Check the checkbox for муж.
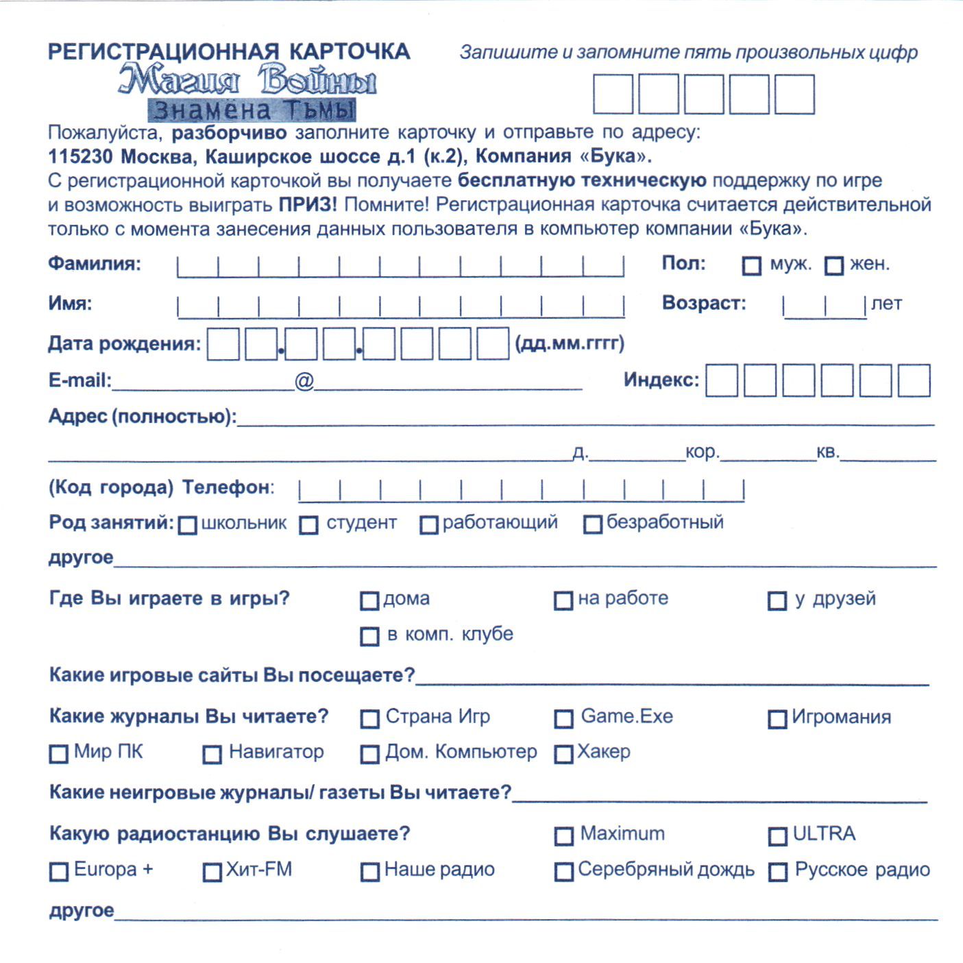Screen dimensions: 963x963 [x=752, y=266]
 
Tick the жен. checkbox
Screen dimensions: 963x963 [x=834, y=266]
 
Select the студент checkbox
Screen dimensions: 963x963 [x=309, y=525]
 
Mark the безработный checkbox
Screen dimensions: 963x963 [x=593, y=525]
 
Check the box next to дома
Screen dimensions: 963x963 [x=369, y=601]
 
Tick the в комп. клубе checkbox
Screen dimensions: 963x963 [x=369, y=637]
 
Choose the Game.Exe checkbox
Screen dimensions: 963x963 [x=563, y=719]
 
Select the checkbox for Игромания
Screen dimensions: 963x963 [x=777, y=719]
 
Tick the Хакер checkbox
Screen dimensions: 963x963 [x=563, y=755]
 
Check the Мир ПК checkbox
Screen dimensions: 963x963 [x=59, y=755]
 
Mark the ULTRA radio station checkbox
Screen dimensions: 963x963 [x=777, y=836]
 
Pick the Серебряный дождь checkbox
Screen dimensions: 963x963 [x=563, y=872]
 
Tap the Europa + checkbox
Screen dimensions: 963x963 [x=59, y=872]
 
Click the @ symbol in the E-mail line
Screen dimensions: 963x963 [x=304, y=380]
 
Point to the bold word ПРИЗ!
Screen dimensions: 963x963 [x=307, y=205]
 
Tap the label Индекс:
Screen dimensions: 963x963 [x=661, y=380]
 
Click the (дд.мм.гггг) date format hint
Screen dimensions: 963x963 [x=570, y=343]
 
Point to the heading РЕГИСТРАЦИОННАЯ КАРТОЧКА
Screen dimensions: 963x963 [x=229, y=52]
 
